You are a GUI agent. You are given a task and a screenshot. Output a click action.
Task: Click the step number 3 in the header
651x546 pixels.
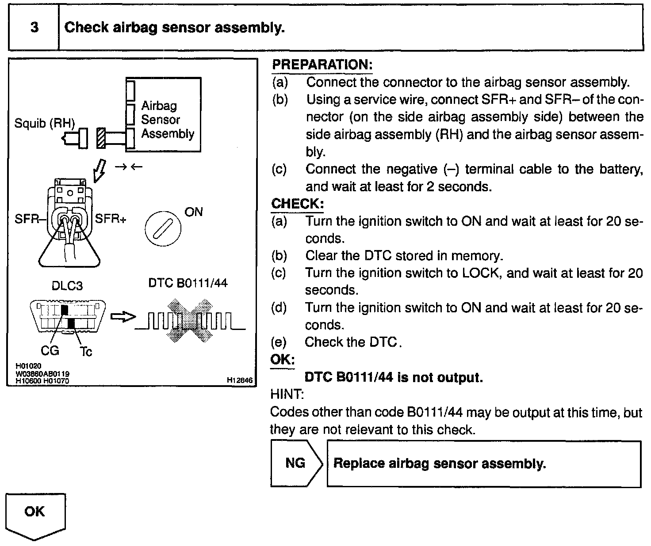tap(34, 27)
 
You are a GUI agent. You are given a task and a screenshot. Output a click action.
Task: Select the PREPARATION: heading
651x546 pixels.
tap(322, 65)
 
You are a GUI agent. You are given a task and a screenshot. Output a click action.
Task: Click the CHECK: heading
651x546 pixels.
tap(297, 204)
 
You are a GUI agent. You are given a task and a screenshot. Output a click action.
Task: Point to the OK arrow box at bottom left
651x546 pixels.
tap(35, 515)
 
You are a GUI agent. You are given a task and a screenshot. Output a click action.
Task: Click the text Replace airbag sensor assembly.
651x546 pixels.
tap(440, 464)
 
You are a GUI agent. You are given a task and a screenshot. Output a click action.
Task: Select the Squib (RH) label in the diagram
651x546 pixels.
tap(45, 123)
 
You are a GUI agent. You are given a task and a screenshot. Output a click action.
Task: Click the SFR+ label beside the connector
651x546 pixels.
tap(111, 219)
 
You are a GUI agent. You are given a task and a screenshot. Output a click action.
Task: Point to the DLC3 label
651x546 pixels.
tap(67, 285)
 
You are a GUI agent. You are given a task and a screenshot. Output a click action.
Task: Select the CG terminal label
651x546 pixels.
tap(50, 351)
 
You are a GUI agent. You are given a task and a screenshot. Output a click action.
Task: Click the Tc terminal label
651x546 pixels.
tap(86, 352)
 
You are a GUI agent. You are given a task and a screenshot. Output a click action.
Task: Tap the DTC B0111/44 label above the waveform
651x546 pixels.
tap(188, 283)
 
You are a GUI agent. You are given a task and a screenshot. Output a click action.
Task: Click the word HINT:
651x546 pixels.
tap(287, 394)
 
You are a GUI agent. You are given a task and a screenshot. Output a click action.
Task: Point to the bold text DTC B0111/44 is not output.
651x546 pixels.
tap(394, 378)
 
